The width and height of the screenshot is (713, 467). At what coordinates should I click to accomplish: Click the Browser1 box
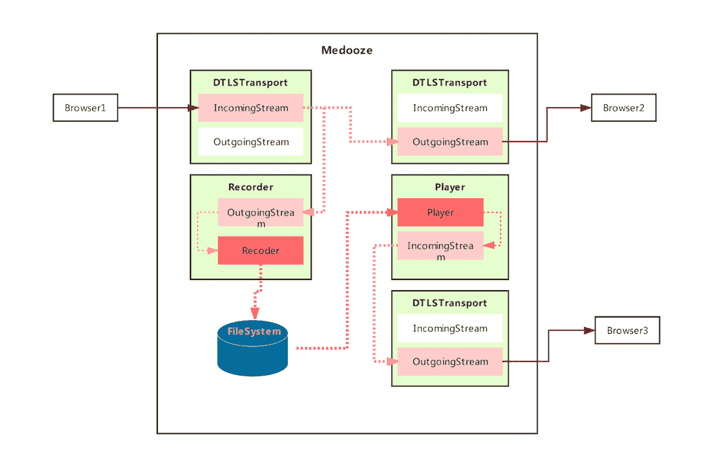[x=85, y=108]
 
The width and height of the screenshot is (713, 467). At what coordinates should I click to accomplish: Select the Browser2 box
[x=624, y=108]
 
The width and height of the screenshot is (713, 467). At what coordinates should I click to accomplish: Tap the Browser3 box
[x=627, y=331]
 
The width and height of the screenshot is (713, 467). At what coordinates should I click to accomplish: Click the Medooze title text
[x=347, y=51]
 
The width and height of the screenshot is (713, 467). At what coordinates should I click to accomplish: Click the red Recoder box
[x=260, y=251]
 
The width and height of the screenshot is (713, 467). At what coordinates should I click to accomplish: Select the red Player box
[x=440, y=213]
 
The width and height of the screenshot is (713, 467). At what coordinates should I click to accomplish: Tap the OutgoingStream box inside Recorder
[x=260, y=213]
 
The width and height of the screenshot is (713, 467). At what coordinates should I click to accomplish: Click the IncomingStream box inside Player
[x=440, y=246]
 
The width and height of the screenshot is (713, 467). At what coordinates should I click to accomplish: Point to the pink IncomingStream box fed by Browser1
[x=250, y=108]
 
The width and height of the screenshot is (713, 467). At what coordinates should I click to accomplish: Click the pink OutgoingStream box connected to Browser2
[x=450, y=142]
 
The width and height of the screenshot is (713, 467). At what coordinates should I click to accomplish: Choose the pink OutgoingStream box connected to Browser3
[x=450, y=361]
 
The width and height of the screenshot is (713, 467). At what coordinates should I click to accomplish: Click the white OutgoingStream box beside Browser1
[x=250, y=142]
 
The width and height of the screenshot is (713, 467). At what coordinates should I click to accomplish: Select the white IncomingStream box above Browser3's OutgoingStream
[x=450, y=328]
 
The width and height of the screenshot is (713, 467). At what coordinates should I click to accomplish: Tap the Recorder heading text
[x=250, y=187]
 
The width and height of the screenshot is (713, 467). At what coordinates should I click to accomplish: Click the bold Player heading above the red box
[x=450, y=187]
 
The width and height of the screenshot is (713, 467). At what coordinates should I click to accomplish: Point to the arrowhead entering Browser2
[x=585, y=108]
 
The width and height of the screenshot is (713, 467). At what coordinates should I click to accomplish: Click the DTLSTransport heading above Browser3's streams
[x=450, y=303]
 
